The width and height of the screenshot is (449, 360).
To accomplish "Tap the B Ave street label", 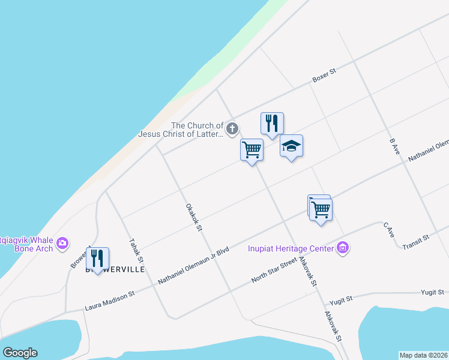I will coord(394,148).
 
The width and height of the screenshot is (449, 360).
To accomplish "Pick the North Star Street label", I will coord(274,271).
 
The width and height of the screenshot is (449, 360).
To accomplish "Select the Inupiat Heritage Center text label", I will coord(291,248).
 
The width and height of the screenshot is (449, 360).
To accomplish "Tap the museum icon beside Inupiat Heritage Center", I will coord(343,247).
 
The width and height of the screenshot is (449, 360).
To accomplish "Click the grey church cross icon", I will coord(232,128).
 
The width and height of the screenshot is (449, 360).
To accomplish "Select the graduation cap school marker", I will coord(291,146).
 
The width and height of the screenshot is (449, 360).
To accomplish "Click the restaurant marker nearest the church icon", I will coord(272,124).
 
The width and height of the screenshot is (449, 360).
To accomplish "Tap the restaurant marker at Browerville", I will coord(97,259).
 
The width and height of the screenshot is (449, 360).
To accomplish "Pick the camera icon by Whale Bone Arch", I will coord(62,243).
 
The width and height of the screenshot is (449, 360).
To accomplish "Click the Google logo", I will coord(20,353).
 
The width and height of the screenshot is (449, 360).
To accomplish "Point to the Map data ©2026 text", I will coord(423,355).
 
